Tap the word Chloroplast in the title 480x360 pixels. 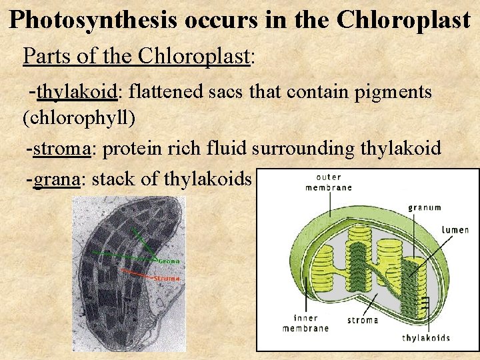pyautogui.click(x=403, y=20)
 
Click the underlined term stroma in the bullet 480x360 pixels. pyautogui.click(x=61, y=148)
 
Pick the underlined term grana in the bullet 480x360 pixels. pyautogui.click(x=57, y=179)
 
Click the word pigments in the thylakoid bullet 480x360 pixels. pyautogui.click(x=393, y=93)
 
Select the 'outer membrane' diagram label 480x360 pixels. pyautogui.click(x=328, y=182)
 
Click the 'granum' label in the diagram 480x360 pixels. pyautogui.click(x=425, y=207)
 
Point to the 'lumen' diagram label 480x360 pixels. pyautogui.click(x=455, y=230)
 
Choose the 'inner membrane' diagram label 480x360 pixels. pyautogui.click(x=305, y=323)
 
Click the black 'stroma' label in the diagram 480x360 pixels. pyautogui.click(x=363, y=320)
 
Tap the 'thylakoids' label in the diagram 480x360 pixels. pyautogui.click(x=426, y=337)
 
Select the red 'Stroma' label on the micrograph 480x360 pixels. pyautogui.click(x=167, y=278)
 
